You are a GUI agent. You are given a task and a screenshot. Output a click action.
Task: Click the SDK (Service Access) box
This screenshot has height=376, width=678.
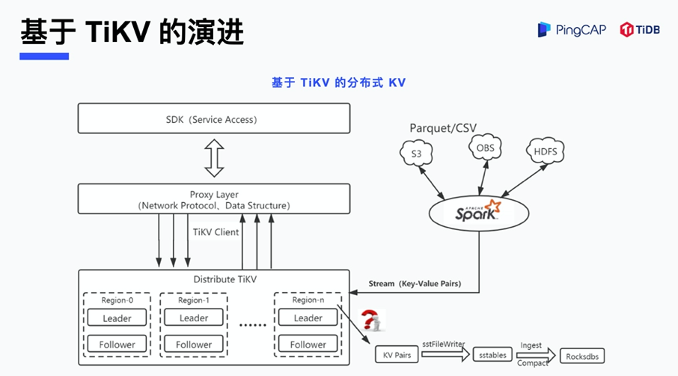click(x=214, y=119)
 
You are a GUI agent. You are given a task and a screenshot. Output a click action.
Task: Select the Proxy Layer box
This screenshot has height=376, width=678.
click(x=214, y=199)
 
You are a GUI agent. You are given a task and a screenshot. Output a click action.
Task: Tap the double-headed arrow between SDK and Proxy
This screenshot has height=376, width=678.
click(x=214, y=159)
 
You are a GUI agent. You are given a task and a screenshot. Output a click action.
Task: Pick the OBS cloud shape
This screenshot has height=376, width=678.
click(x=485, y=148)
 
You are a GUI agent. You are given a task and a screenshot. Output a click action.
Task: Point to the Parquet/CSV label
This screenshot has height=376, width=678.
click(x=442, y=128)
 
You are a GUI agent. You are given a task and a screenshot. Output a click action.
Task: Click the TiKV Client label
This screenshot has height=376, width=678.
click(x=216, y=232)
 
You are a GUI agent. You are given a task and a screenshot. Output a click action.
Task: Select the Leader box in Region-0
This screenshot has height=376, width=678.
click(x=117, y=318)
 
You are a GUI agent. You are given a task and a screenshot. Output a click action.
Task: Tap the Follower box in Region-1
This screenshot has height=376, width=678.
click(x=194, y=345)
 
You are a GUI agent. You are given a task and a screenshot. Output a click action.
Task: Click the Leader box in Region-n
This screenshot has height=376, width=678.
click(x=308, y=318)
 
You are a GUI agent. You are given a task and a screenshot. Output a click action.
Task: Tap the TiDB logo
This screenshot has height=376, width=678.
click(x=640, y=29)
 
